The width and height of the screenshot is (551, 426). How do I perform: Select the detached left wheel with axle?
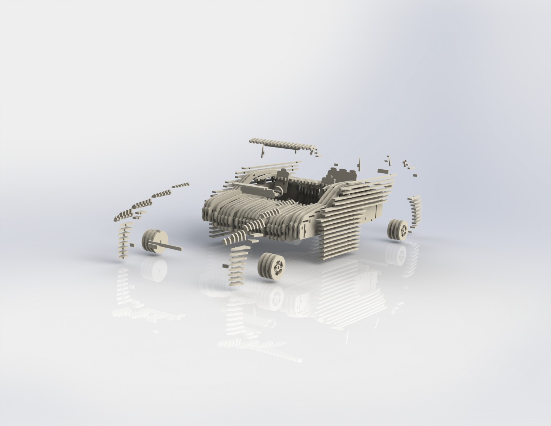(155, 241)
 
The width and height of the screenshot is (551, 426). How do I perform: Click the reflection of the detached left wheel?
(155, 270)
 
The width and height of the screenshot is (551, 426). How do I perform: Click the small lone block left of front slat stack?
(225, 265)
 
